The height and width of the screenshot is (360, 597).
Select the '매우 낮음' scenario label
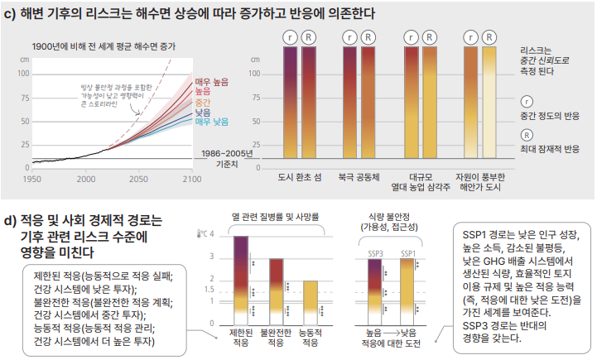coord(212,122)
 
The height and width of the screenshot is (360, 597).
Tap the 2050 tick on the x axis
coord(138,178)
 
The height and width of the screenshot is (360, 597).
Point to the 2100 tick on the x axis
coord(191,178)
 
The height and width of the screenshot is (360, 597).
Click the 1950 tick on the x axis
coord(31,178)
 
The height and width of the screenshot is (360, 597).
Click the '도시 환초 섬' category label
coord(299,176)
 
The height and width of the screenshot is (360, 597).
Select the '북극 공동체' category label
coord(359,176)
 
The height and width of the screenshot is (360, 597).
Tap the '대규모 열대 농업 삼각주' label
coord(418,181)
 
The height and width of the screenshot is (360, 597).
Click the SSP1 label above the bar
coord(407,252)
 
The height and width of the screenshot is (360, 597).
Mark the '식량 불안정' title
coord(390,217)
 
